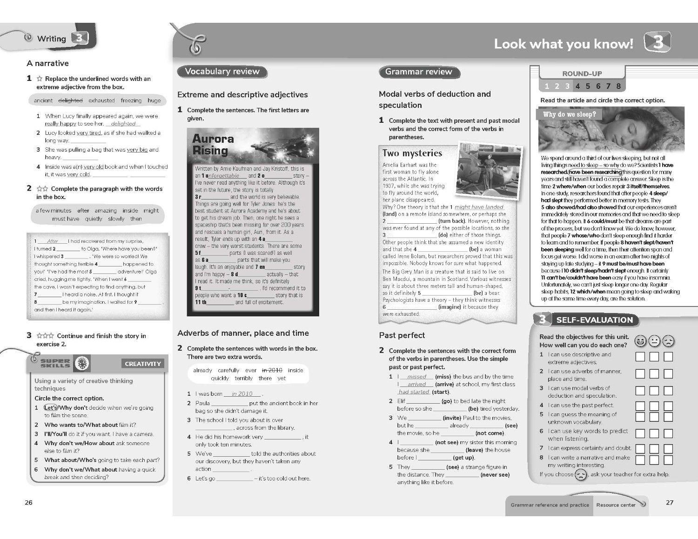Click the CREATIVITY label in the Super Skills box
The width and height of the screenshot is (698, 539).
[x=143, y=364]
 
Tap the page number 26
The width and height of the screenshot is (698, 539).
[x=29, y=502]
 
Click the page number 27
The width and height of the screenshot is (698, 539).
[x=670, y=502]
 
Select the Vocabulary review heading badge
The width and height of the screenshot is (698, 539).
[x=222, y=72]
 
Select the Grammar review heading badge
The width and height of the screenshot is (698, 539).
[x=418, y=72]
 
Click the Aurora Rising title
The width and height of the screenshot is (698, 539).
[x=213, y=145]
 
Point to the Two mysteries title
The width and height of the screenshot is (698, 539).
[x=412, y=153]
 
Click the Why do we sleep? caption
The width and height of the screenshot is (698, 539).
[x=569, y=114]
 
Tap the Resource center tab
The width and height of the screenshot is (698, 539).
[x=616, y=505]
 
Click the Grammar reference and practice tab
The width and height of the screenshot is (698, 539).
[x=550, y=505]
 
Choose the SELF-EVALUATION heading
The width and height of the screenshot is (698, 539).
[x=594, y=320]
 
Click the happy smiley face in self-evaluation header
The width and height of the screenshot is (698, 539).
[x=641, y=341]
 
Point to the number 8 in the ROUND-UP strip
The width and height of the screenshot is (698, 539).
[x=618, y=86]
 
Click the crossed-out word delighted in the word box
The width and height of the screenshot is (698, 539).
[x=70, y=100]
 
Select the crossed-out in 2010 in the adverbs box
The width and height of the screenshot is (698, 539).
[x=272, y=370]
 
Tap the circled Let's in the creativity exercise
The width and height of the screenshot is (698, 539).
[x=50, y=408]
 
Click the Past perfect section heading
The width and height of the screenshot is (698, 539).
[x=402, y=335]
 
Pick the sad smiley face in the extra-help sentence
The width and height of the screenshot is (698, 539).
[x=581, y=475]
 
